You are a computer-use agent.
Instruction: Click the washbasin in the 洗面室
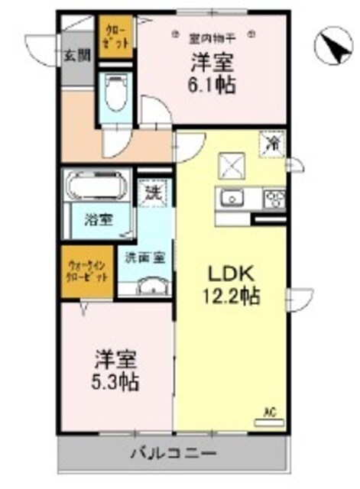[152, 287]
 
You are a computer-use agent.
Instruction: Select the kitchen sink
[231, 199]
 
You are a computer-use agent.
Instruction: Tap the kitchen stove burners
[273, 199]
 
